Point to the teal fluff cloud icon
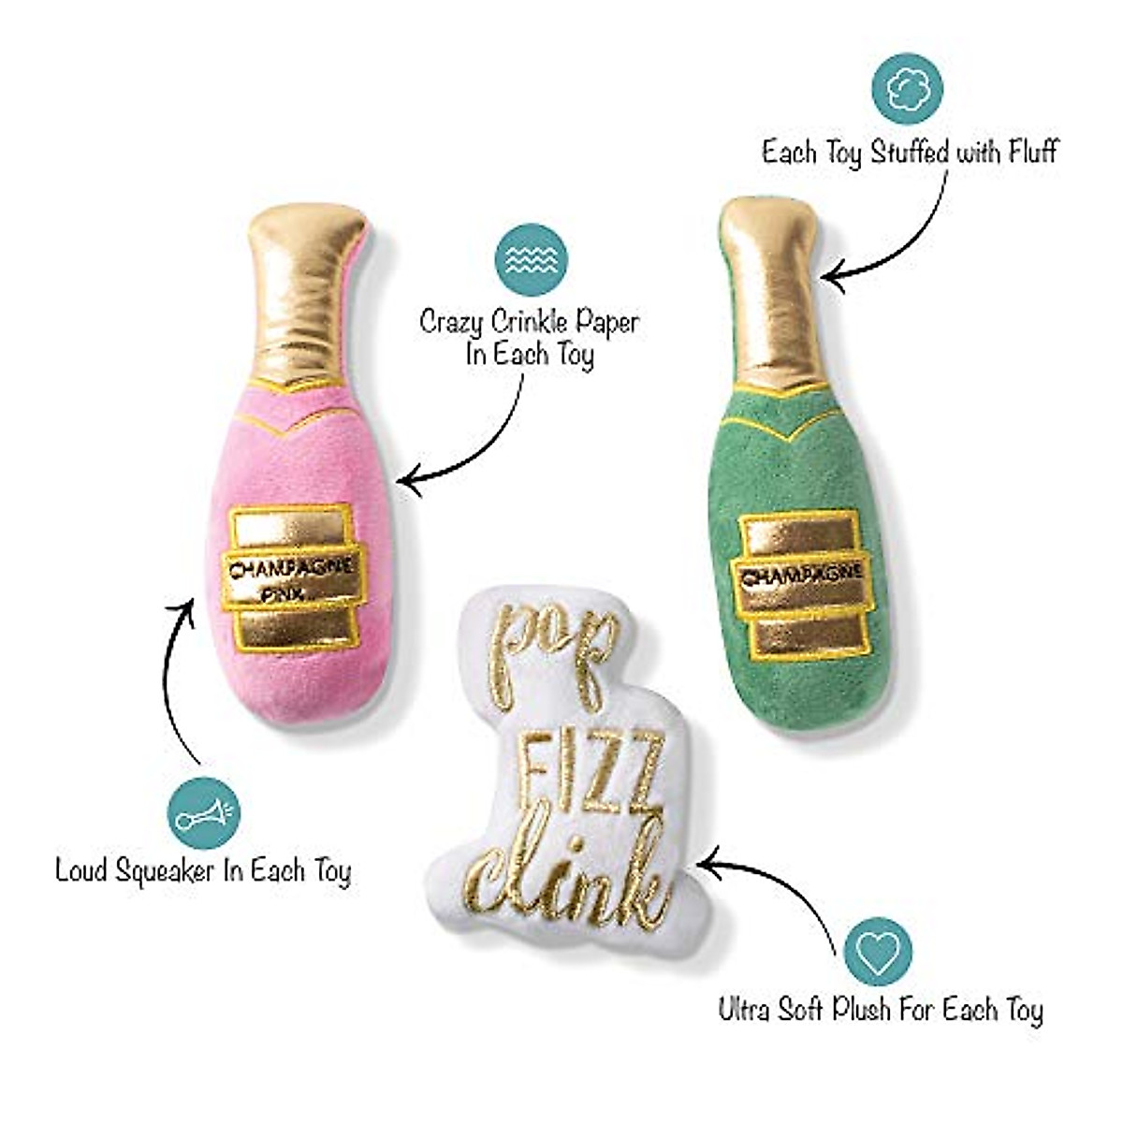point(906,87)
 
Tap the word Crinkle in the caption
point(531,324)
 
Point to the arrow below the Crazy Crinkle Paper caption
point(487,440)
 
